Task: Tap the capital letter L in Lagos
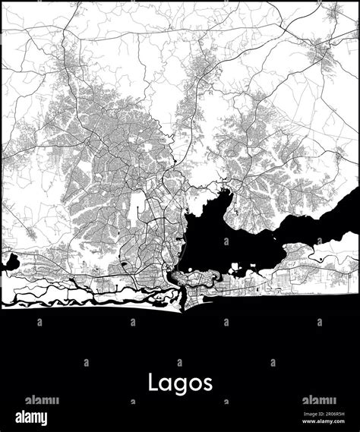[153, 381]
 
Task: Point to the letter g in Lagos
[180, 385]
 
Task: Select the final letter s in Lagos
[207, 383]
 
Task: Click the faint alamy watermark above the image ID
[320, 400]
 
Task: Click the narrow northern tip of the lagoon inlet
[225, 182]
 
